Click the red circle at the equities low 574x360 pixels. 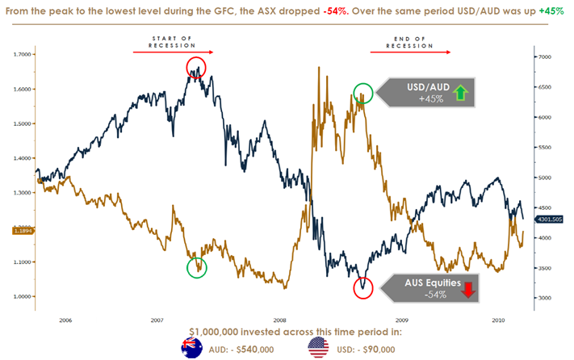[x=364, y=287]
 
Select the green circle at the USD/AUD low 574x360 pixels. [x=196, y=267]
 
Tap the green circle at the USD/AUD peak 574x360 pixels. [x=363, y=93]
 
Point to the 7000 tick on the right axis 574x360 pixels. [x=546, y=57]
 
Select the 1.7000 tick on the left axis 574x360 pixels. [x=23, y=54]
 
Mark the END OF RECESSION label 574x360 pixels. [x=404, y=41]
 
